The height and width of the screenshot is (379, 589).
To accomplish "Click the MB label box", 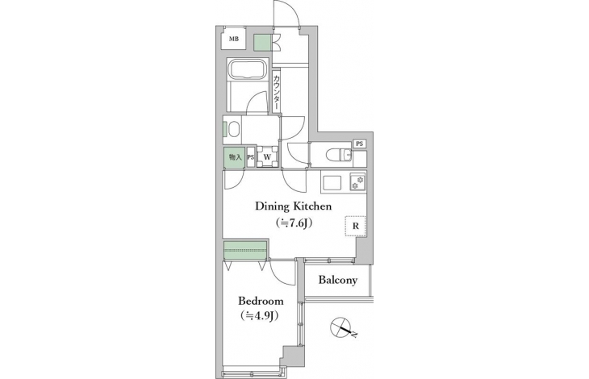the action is (234, 39).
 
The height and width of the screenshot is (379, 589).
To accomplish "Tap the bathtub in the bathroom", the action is (248, 69).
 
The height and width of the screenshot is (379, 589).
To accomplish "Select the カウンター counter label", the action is (276, 93).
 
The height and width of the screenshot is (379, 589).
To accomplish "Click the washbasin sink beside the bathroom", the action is (234, 130).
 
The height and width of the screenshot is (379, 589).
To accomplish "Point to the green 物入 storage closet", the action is (235, 158).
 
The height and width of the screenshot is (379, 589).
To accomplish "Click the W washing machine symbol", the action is (267, 157).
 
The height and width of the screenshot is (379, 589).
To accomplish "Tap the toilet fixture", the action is (339, 155).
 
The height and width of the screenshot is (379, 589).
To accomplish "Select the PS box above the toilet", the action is (360, 144).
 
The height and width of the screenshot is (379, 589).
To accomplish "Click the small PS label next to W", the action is (251, 157).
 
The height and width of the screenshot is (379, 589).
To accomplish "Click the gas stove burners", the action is (357, 181).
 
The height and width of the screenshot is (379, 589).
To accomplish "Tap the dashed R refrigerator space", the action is (355, 227).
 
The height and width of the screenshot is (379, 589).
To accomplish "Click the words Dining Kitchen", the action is (294, 206).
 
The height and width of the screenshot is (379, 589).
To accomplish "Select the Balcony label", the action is (338, 280).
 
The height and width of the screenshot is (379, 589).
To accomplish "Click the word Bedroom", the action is (261, 301).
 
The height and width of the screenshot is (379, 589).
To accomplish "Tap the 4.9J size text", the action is (259, 316).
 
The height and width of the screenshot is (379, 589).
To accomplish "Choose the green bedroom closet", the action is (245, 250).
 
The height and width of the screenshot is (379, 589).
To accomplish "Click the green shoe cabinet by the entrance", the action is (262, 43).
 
